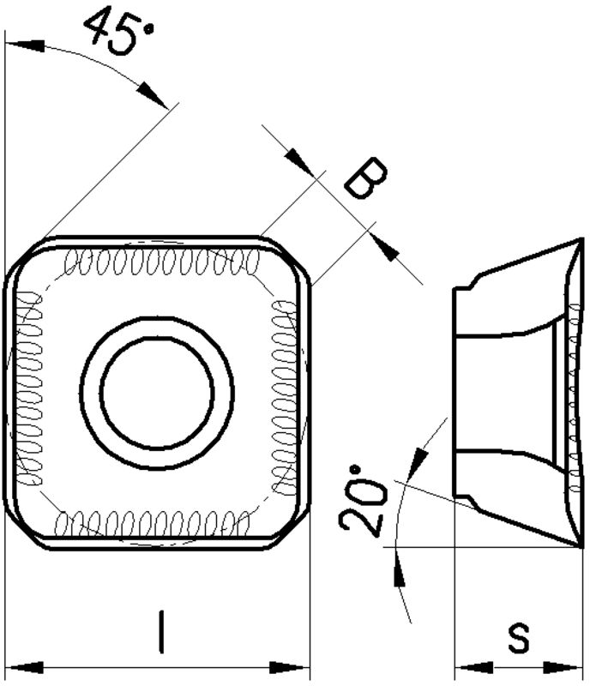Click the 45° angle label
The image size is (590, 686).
click(x=119, y=32)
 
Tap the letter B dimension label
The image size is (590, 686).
click(x=366, y=178)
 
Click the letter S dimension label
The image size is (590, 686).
click(x=519, y=638)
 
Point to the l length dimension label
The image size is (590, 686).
click(x=162, y=632)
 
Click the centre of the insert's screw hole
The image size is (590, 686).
click(x=157, y=393)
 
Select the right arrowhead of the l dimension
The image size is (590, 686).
click(x=289, y=668)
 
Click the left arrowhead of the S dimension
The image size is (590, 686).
click(x=474, y=668)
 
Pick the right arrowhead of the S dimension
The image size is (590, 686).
click(x=563, y=668)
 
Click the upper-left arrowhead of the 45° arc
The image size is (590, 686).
click(x=25, y=45)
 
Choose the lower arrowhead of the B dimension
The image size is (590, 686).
click(x=384, y=248)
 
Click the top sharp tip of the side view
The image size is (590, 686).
click(x=582, y=238)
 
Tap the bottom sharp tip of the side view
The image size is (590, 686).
click(x=582, y=546)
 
